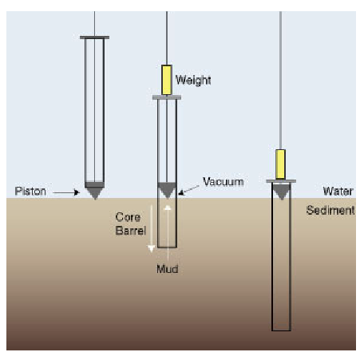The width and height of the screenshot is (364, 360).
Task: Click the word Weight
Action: point(193,81)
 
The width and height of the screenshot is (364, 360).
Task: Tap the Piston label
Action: point(30,192)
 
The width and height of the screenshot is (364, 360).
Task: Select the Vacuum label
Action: point(224,182)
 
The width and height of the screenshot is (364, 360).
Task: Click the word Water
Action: point(338,191)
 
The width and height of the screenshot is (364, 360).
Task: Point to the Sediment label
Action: point(330,210)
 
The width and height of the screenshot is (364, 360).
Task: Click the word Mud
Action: point(168,269)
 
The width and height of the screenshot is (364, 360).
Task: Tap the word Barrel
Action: point(131,231)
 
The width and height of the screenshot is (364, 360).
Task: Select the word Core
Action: point(128,217)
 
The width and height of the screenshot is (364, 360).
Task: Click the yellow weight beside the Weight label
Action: point(167,80)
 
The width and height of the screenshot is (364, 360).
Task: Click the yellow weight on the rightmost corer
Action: point(280,164)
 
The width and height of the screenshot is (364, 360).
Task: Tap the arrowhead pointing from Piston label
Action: point(77,192)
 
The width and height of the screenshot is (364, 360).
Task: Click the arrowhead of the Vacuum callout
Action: point(181,192)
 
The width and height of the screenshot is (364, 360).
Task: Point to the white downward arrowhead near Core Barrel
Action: point(151,249)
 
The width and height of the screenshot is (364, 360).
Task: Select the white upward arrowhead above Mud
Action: point(168,208)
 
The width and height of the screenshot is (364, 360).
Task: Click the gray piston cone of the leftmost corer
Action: point(94,191)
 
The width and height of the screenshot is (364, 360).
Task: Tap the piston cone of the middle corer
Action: point(167,190)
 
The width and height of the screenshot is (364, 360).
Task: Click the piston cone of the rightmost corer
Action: point(281,192)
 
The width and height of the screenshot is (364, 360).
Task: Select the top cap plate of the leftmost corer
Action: point(94,38)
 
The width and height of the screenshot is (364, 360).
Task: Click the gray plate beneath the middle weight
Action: point(167,97)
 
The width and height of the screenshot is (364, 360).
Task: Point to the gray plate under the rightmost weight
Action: point(281,181)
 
